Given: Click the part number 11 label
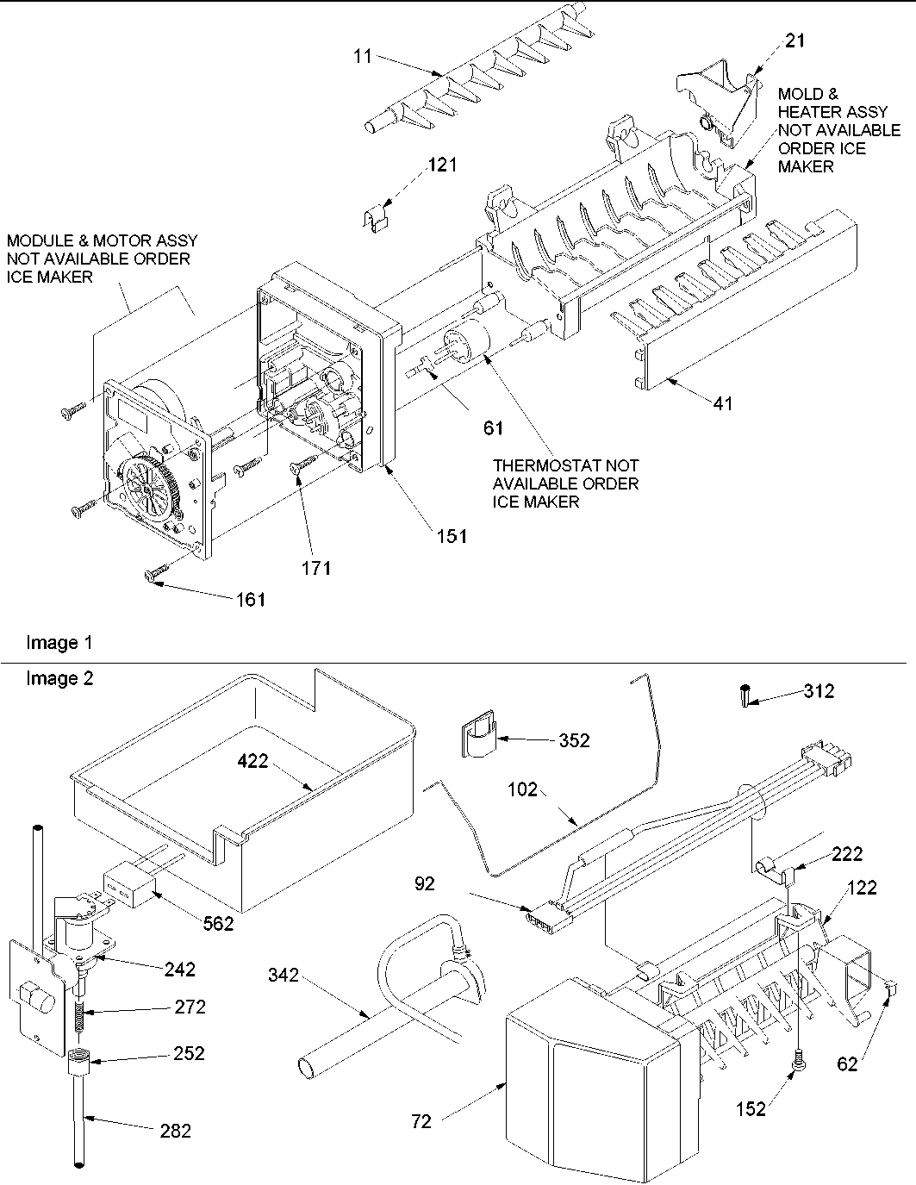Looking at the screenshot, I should point(363,56).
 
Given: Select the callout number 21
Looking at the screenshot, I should point(796,40).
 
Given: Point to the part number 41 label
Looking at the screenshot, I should point(723,402).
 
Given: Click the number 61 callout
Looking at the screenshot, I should point(494,427).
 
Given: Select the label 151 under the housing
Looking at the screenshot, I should point(451,535).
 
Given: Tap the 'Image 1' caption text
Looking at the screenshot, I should point(59,642).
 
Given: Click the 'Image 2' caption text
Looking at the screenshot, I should point(59,678).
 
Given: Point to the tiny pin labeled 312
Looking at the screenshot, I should point(743,695).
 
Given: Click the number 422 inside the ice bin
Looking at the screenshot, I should point(253,760).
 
